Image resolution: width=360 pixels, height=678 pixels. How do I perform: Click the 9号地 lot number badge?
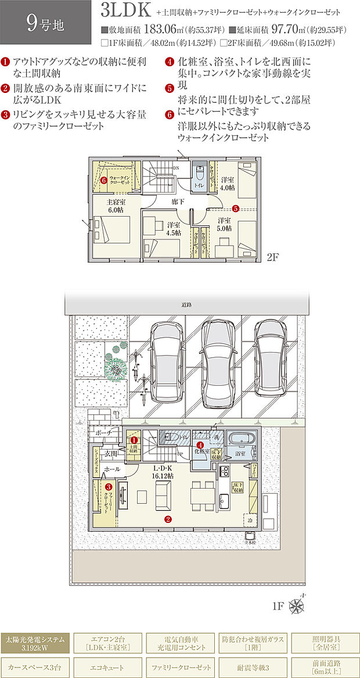click(x=45, y=23)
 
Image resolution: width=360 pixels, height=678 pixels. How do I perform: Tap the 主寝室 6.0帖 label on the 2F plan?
click(x=116, y=206)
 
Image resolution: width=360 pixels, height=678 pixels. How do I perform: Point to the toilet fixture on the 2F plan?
click(x=199, y=174)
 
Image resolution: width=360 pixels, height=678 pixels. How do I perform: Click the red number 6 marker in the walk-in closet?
click(x=103, y=181)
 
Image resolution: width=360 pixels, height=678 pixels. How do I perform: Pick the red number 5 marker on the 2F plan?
click(x=236, y=208)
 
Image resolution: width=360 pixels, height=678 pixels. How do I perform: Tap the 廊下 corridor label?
click(x=178, y=201)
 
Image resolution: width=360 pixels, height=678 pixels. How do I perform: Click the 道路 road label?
click(x=186, y=304)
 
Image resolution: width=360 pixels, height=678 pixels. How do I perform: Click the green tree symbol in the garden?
click(x=114, y=367)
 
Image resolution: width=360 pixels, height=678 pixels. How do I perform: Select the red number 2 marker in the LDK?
click(x=168, y=519)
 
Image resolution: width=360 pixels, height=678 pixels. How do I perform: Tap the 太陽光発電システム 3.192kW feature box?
click(x=37, y=643)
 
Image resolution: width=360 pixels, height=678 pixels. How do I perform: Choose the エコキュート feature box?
click(x=109, y=667)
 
